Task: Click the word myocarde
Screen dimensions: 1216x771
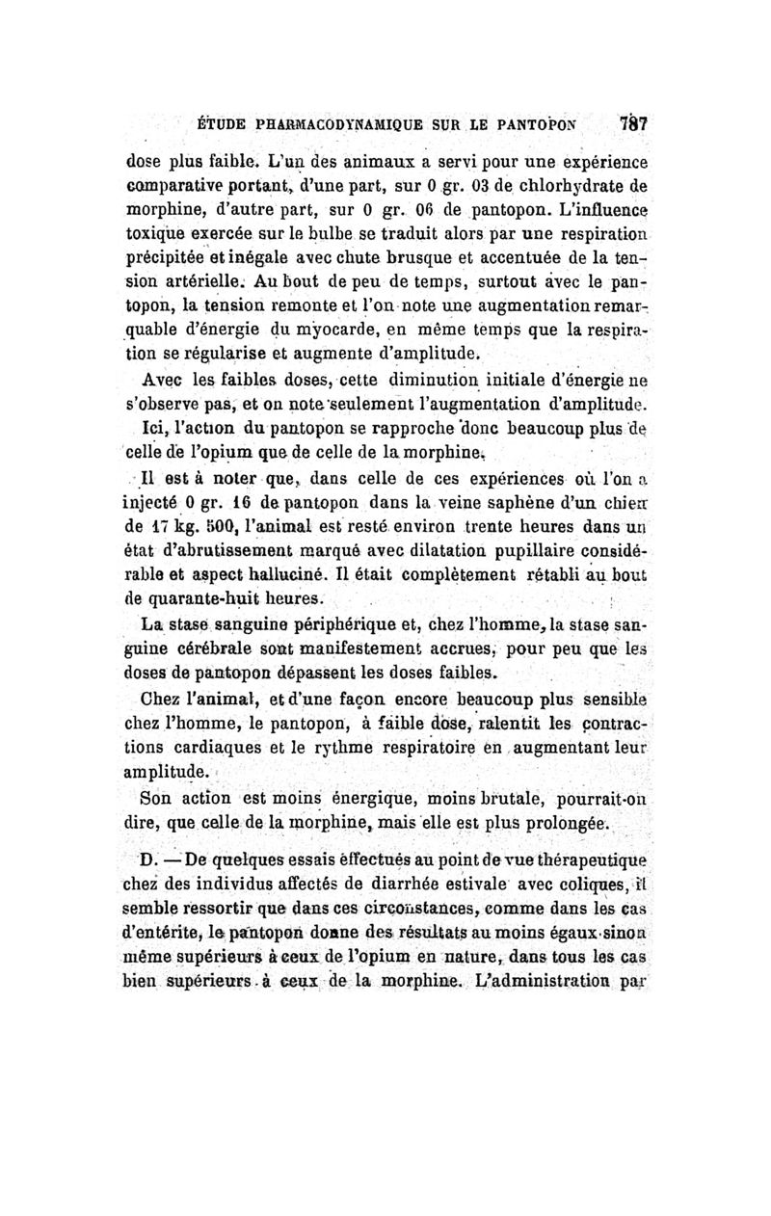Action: click(x=315, y=325)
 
